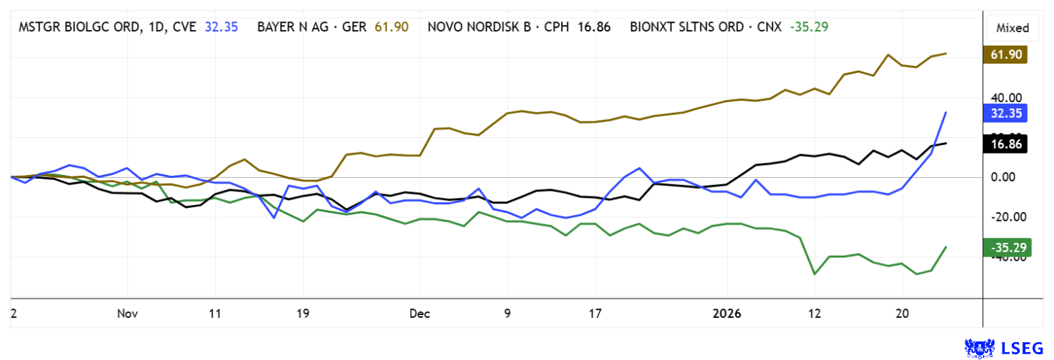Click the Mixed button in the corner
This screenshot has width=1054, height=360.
pos(1013,28)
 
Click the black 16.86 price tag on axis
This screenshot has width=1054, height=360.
pos(1005,144)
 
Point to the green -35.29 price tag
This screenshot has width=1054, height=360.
pos(1005,248)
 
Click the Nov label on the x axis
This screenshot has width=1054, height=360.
pos(127,314)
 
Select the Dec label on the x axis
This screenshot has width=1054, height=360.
pos(420,314)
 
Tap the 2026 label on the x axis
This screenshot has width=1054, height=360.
pos(728,314)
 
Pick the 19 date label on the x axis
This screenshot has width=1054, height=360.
pos(303,314)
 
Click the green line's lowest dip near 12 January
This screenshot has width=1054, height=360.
pos(815,274)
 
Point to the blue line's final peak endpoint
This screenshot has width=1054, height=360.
pos(946,112)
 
